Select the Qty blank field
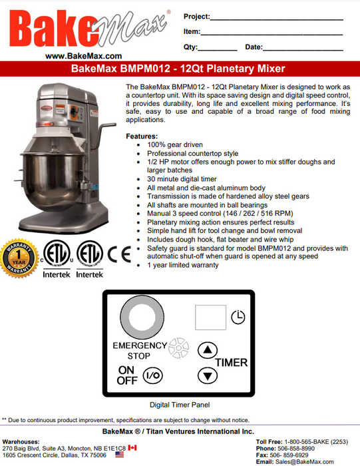[x=218, y=49]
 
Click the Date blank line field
[x=303, y=49]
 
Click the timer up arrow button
[x=208, y=349]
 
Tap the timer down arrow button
[x=208, y=375]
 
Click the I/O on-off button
[x=152, y=375]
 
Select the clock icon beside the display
[x=237, y=319]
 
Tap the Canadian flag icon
[x=132, y=449]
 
